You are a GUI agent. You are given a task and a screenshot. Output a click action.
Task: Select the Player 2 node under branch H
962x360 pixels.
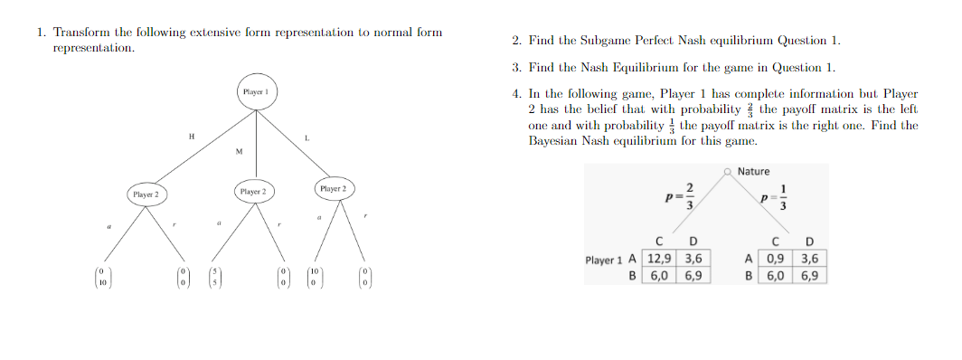tap(145, 194)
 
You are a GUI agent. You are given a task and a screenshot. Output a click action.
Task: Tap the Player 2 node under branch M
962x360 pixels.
tap(253, 192)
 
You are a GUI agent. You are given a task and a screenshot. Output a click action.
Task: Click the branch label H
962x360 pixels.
tap(191, 136)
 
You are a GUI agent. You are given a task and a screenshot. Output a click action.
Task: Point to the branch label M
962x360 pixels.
tap(239, 151)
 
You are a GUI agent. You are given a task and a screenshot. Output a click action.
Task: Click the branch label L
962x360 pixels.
tap(307, 137)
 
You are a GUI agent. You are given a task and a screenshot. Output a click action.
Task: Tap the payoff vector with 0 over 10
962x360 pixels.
tap(102, 276)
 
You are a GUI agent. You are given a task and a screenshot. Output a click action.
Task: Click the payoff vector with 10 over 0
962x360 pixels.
tap(314, 276)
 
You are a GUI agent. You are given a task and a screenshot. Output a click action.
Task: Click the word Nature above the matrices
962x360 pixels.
tap(753, 171)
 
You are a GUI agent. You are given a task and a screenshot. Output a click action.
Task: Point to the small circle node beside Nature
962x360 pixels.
tap(728, 171)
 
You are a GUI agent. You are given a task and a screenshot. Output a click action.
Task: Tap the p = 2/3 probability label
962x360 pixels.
tap(680, 194)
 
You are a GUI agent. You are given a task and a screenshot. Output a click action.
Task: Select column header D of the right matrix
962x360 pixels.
tap(809, 242)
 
